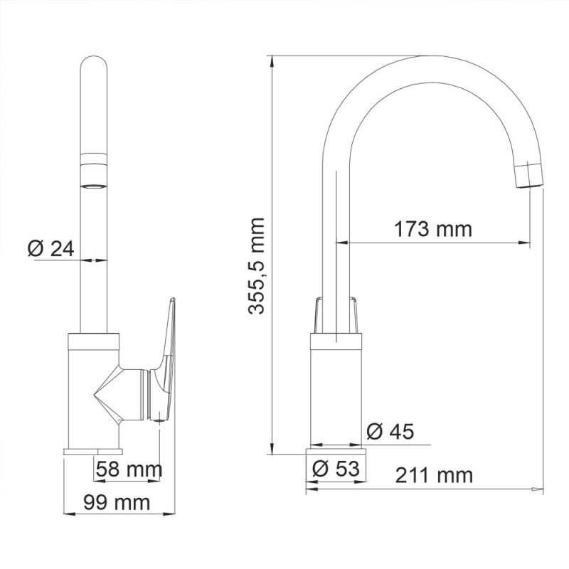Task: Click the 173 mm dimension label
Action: (433, 229)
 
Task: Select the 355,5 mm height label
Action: (257, 266)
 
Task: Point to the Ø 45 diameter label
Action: (390, 431)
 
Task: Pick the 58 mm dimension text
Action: (129, 469)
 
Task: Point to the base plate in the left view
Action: (93, 450)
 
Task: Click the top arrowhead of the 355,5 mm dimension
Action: (273, 60)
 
